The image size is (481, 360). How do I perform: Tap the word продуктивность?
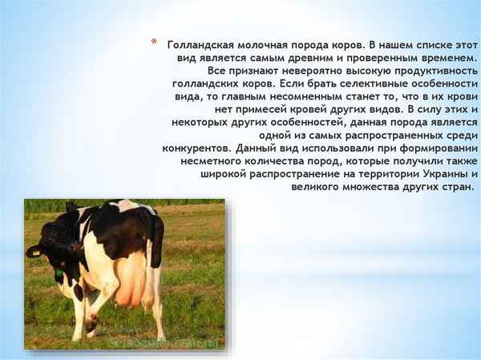pos(434,71)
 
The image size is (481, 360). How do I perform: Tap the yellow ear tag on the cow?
pos(59,273)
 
